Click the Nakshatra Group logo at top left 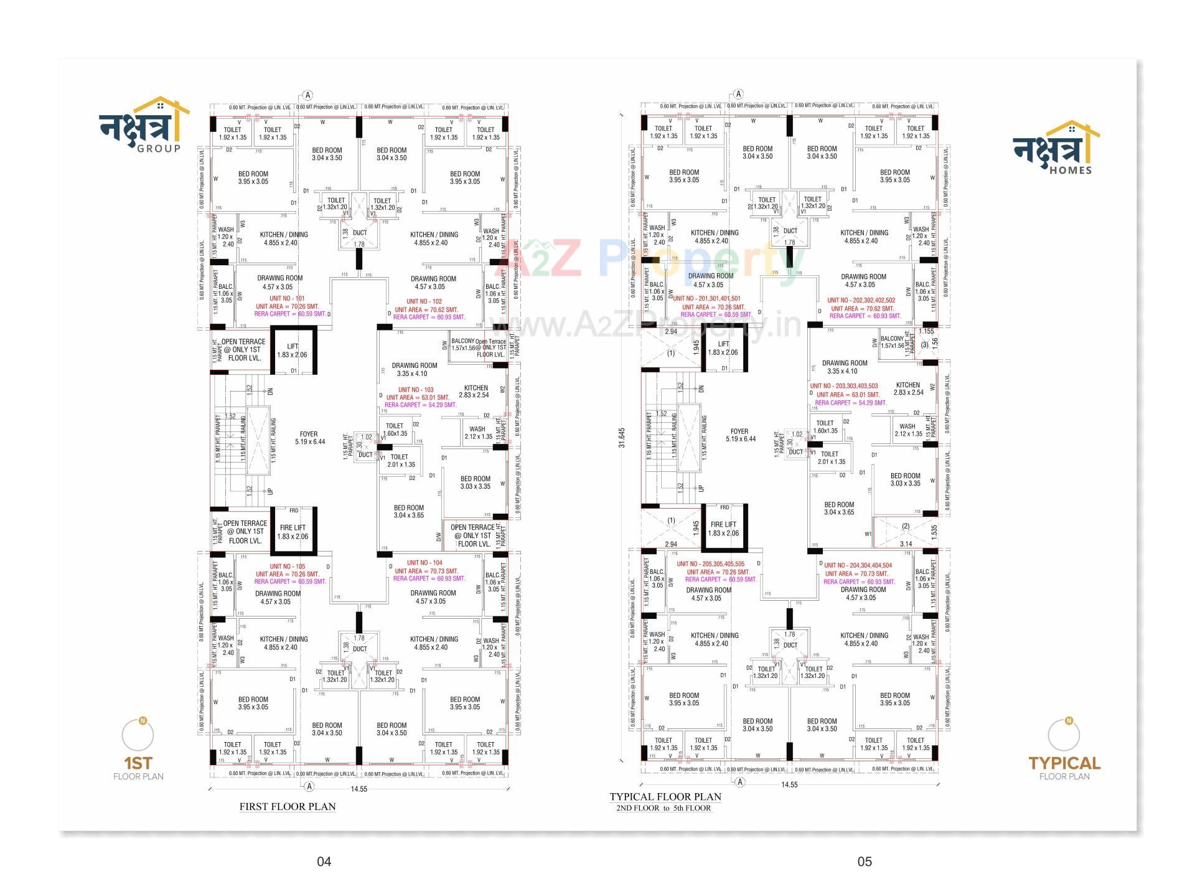click(144, 125)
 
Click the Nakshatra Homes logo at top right click(1056, 148)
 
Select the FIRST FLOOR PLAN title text click(288, 806)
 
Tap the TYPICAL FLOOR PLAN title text click(665, 796)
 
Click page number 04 click(324, 862)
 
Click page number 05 click(865, 862)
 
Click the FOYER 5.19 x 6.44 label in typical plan click(740, 435)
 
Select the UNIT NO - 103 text click(415, 390)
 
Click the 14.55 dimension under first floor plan click(358, 789)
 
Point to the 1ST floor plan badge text click(138, 763)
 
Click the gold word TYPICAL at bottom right click(1064, 763)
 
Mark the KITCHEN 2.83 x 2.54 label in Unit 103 click(475, 391)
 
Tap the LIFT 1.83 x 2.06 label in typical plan click(723, 348)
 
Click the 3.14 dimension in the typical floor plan click(906, 543)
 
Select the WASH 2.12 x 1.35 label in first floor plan click(478, 432)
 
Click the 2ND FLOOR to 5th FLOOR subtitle click(663, 808)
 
